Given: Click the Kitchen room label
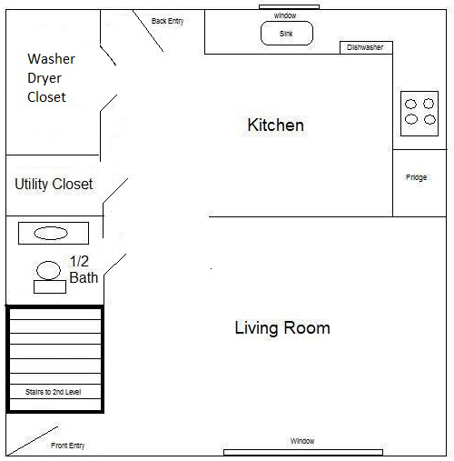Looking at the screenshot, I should tap(275, 125).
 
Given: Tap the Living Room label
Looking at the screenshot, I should tap(281, 327).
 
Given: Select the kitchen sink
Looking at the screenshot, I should tap(287, 34).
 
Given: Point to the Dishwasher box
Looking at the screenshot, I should tap(365, 47).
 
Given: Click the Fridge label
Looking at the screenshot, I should tap(416, 177).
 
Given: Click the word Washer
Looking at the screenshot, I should tap(51, 59).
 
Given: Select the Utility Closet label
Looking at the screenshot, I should tap(54, 184).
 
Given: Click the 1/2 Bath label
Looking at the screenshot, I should tap(84, 270).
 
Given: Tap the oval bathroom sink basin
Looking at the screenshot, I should tap(51, 233).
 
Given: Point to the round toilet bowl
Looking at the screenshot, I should tap(47, 269).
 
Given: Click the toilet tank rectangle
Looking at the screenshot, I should tap(50, 287).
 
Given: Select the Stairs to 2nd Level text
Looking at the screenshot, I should tap(54, 391).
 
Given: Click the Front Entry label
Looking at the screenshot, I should tap(67, 446).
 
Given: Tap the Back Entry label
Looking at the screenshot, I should tap(167, 21).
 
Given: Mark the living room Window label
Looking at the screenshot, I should tap(302, 441).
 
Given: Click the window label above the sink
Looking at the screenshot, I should tap(285, 15).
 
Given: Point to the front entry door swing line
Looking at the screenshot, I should tap(33, 439).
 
